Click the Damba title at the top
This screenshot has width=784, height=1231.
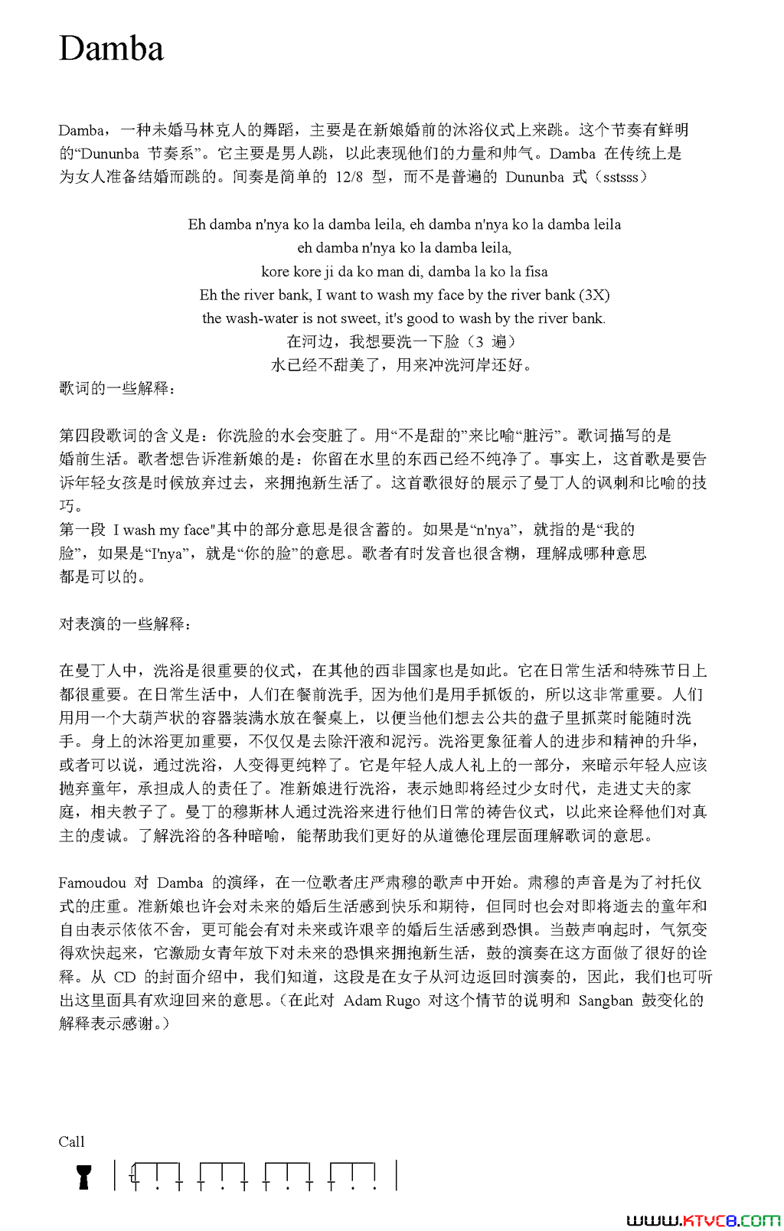[111, 49]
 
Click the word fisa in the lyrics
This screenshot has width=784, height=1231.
[536, 272]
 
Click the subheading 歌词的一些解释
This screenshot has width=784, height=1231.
[117, 389]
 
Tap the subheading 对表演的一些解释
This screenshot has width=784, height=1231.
[125, 624]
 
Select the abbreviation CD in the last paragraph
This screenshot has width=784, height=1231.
[124, 977]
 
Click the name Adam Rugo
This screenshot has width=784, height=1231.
[381, 1001]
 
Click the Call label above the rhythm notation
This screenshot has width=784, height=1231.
[71, 1141]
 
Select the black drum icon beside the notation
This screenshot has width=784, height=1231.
[84, 1177]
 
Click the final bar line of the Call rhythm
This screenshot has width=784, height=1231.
[396, 1175]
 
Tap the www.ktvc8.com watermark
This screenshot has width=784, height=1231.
[703, 1220]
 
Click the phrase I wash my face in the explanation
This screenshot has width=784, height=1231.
[162, 530]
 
